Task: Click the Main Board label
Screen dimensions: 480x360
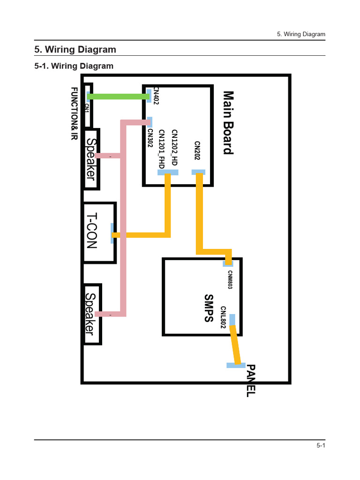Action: pyautogui.click(x=228, y=123)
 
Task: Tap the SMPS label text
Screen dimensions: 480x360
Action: pyautogui.click(x=209, y=308)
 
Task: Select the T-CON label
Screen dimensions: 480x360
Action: pyautogui.click(x=92, y=231)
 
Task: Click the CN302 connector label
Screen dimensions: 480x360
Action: pyautogui.click(x=150, y=138)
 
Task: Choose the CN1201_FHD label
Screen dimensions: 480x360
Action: pyautogui.click(x=162, y=149)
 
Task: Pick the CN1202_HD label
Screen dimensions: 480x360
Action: pyautogui.click(x=174, y=147)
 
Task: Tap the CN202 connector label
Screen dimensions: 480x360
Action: pyautogui.click(x=197, y=150)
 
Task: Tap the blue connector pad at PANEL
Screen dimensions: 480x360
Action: pyautogui.click(x=236, y=365)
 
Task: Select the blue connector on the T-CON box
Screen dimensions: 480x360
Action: pyautogui.click(x=112, y=233)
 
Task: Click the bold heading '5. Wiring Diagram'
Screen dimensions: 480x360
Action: pyautogui.click(x=75, y=50)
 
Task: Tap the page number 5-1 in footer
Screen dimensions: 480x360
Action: pyautogui.click(x=321, y=446)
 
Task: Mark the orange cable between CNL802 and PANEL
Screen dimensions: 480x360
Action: pyautogui.click(x=236, y=344)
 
